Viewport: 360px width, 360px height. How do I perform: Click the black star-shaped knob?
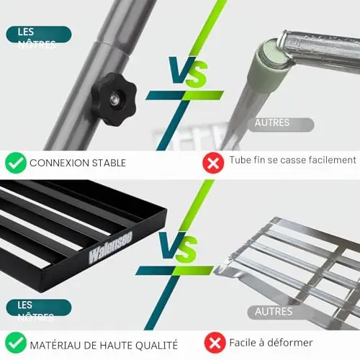[114, 99]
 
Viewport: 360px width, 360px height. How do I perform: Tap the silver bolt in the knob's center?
[114, 99]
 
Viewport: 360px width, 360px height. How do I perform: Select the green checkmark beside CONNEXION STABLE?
[16, 163]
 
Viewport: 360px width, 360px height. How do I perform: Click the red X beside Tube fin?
[213, 163]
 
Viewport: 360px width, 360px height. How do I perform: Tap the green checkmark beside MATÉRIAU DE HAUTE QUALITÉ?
[16, 343]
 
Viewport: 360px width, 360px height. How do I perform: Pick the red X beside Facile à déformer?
[215, 343]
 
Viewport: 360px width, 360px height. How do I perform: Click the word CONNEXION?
[59, 163]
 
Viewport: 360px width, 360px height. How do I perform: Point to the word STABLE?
[109, 163]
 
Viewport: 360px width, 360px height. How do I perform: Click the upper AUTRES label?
[280, 125]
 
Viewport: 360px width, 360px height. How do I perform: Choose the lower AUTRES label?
[279, 312]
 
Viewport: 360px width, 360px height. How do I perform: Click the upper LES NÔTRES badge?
[39, 35]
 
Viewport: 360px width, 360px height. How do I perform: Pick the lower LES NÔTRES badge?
[39, 307]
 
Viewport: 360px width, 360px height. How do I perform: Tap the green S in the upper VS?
[196, 73]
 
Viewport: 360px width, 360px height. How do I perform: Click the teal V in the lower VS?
[170, 246]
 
